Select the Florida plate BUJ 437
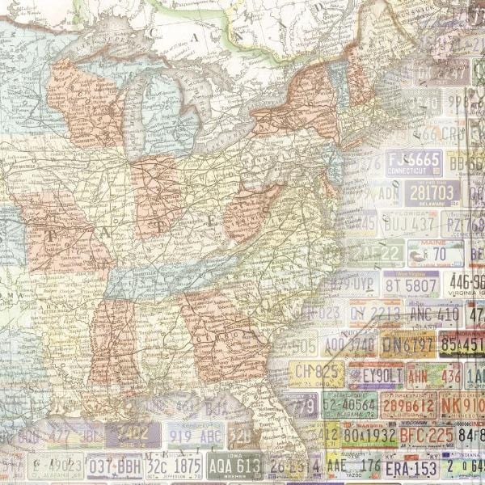409,223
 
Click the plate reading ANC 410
435,314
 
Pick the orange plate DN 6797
407,344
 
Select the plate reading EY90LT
377,375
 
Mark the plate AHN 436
433,375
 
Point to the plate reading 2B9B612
408,405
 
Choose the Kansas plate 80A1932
368,436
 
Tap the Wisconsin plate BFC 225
426,436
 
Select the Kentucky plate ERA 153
410,468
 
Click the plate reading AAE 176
353,466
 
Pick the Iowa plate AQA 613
234,466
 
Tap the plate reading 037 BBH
114,466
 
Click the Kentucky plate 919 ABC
196,435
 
